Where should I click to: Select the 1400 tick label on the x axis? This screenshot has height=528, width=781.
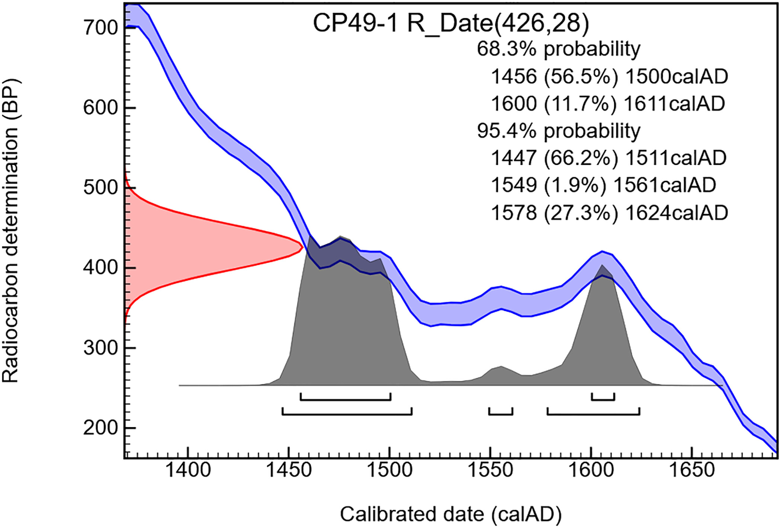(188, 470)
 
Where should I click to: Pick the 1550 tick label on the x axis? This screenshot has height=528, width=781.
(490, 470)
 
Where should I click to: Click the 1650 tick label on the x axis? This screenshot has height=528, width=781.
(692, 470)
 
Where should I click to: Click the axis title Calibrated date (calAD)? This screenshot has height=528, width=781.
(451, 514)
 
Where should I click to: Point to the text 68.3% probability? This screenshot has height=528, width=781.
(559, 49)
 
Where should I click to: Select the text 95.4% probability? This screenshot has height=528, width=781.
(559, 131)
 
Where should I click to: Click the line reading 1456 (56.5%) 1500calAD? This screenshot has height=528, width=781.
(609, 77)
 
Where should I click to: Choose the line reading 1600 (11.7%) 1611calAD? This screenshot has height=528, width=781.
(608, 104)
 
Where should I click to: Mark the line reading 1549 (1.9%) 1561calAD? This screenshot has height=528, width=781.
(603, 185)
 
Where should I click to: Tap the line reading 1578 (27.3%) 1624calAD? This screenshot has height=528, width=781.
(609, 213)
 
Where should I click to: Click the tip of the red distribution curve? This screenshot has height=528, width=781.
(302, 246)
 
